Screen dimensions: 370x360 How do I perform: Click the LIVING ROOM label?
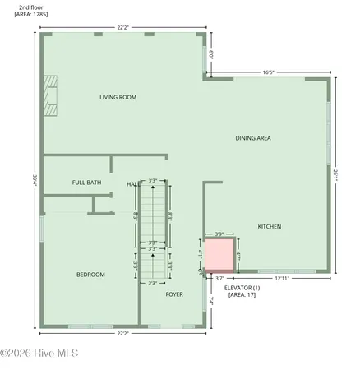(x=118, y=97)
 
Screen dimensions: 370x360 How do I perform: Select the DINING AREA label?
(x=253, y=137)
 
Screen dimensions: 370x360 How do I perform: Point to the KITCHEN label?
(x=270, y=226)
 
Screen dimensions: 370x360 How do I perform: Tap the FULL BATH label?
(x=86, y=183)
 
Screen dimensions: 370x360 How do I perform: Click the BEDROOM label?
(x=90, y=274)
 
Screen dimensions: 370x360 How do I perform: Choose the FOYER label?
(x=174, y=294)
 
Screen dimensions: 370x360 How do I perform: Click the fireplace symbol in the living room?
(x=53, y=94)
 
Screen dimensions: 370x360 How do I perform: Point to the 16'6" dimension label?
(x=268, y=72)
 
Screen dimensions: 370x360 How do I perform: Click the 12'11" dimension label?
(x=282, y=279)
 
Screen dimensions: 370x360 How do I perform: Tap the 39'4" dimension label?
(x=34, y=179)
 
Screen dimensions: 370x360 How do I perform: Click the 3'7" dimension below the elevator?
(x=219, y=279)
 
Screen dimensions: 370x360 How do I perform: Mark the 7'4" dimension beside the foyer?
(x=211, y=302)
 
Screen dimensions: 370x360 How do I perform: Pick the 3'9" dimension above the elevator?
(x=219, y=234)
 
